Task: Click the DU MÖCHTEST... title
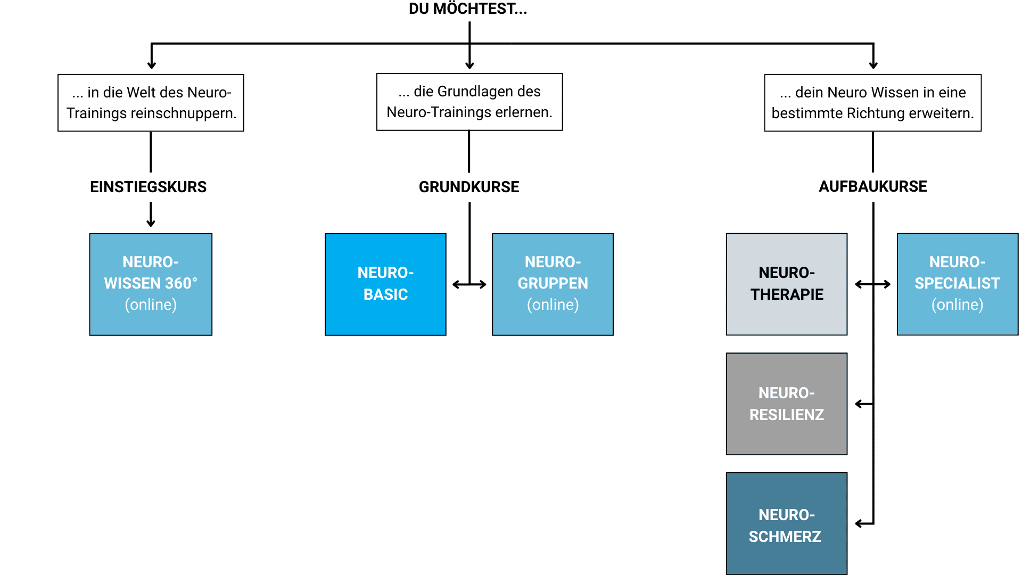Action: pyautogui.click(x=467, y=9)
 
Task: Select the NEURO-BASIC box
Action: pyautogui.click(x=385, y=284)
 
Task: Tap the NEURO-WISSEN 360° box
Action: pyautogui.click(x=151, y=284)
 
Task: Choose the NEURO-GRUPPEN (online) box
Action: pyautogui.click(x=553, y=284)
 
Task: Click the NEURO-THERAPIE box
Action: pyautogui.click(x=786, y=284)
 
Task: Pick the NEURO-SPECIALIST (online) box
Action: pyautogui.click(x=957, y=284)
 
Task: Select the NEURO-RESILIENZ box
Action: pyautogui.click(x=786, y=404)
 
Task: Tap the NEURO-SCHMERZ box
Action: pyautogui.click(x=786, y=523)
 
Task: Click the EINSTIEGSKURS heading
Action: pyautogui.click(x=148, y=187)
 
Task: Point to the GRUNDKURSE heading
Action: pyautogui.click(x=469, y=187)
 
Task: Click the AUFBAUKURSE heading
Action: pyautogui.click(x=873, y=186)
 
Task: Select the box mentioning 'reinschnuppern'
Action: pyautogui.click(x=151, y=103)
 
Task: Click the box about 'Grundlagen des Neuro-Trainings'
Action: pyautogui.click(x=469, y=102)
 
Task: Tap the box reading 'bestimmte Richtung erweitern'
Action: pyautogui.click(x=872, y=103)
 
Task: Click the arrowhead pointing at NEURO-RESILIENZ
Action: pyautogui.click(x=859, y=404)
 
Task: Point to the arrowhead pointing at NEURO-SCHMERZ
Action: pyautogui.click(x=859, y=524)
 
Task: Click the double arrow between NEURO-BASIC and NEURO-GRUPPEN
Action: pyautogui.click(x=469, y=285)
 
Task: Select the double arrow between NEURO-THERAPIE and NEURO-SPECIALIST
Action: pyautogui.click(x=872, y=285)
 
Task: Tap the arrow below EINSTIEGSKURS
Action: pyautogui.click(x=151, y=216)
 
